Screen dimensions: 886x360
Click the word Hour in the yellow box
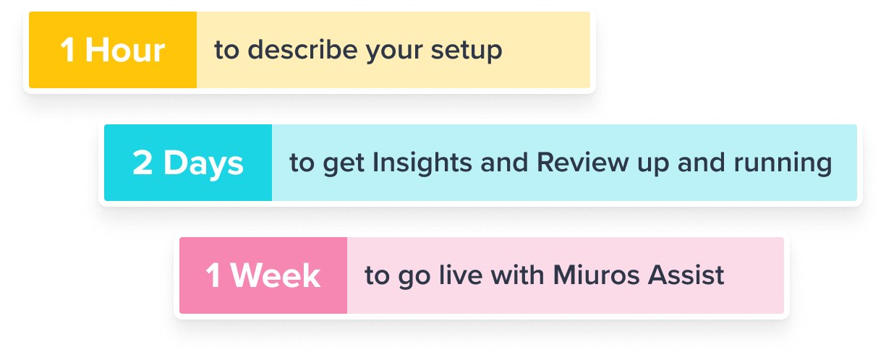125,50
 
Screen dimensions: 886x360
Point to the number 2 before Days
142,163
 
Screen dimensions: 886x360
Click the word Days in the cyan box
203,163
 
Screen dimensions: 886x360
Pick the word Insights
422,163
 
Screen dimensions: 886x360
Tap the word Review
582,162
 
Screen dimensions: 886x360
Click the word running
783,163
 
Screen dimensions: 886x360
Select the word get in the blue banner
343,164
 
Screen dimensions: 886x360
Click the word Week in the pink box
276,275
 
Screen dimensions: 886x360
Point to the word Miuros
596,275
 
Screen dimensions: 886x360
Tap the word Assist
686,275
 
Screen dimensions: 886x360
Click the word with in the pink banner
517,275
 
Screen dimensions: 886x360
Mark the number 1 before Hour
68,50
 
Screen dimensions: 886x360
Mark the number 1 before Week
213,275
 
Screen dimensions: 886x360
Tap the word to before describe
227,50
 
